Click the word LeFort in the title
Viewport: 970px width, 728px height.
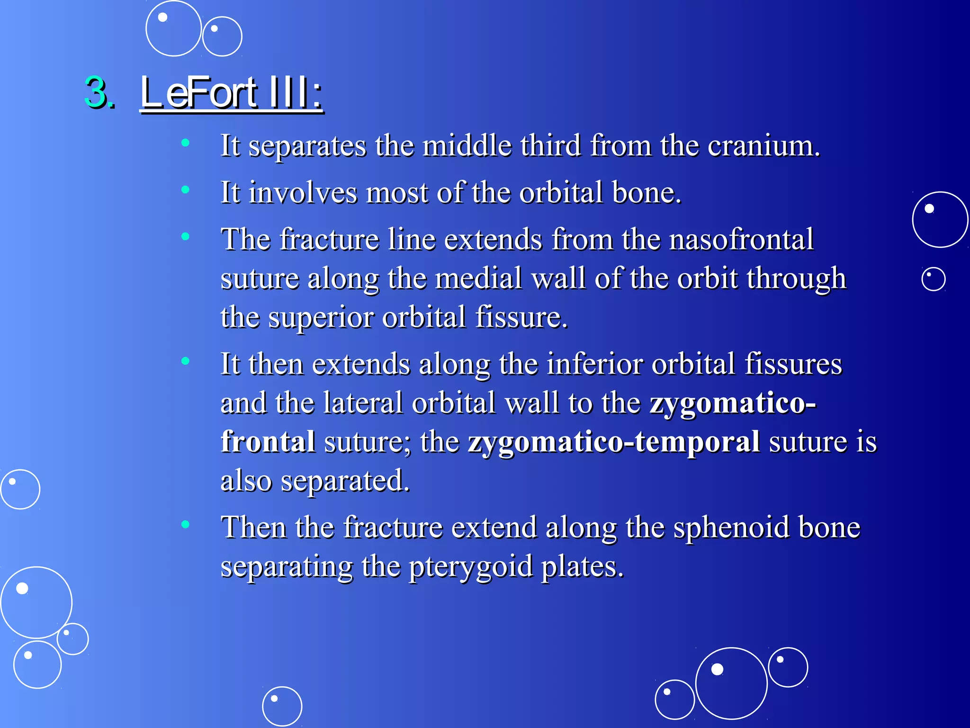coord(199,92)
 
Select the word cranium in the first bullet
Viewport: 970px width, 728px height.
coord(763,146)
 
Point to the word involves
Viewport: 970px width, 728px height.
coord(303,193)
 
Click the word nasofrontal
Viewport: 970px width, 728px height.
coord(741,239)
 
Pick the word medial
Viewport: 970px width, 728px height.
coord(478,278)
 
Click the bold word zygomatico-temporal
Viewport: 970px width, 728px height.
coord(614,442)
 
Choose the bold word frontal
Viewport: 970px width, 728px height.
coord(268,442)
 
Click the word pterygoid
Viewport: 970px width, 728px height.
coord(470,567)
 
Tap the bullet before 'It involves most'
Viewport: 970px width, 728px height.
coord(185,190)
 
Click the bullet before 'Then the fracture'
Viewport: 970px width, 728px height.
coord(185,524)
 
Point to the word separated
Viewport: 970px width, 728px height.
coord(345,481)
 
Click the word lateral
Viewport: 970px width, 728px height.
coord(363,403)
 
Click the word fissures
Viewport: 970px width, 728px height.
coord(793,364)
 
